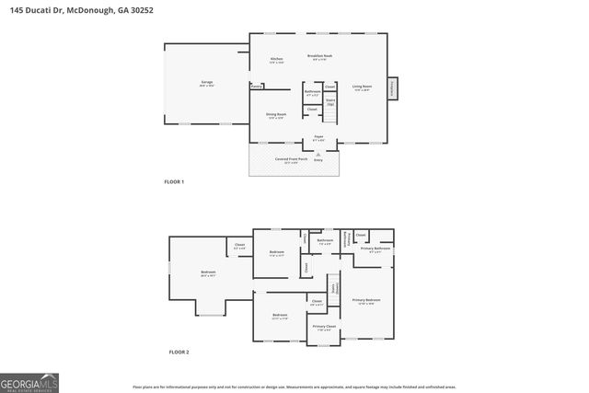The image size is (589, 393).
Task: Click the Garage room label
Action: tap(207, 84)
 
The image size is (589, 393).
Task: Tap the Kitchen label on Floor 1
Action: tap(276, 61)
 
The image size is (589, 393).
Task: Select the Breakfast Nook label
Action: tap(318, 57)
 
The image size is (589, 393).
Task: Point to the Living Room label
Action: tap(362, 88)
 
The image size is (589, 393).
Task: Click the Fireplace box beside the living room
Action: tap(392, 88)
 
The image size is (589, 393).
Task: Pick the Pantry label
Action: tap(257, 87)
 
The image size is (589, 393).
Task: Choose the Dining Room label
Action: tap(276, 117)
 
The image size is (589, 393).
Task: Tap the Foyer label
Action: tap(318, 137)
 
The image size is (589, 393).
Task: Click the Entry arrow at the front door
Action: tap(318, 156)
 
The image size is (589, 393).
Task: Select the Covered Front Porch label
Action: tap(294, 159)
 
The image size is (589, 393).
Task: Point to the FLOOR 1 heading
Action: tap(174, 182)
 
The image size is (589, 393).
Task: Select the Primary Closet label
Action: tap(324, 328)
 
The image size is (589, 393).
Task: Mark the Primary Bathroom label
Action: tap(375, 249)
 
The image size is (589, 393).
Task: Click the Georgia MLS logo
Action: tap(29, 381)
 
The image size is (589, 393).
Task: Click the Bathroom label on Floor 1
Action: tap(312, 92)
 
